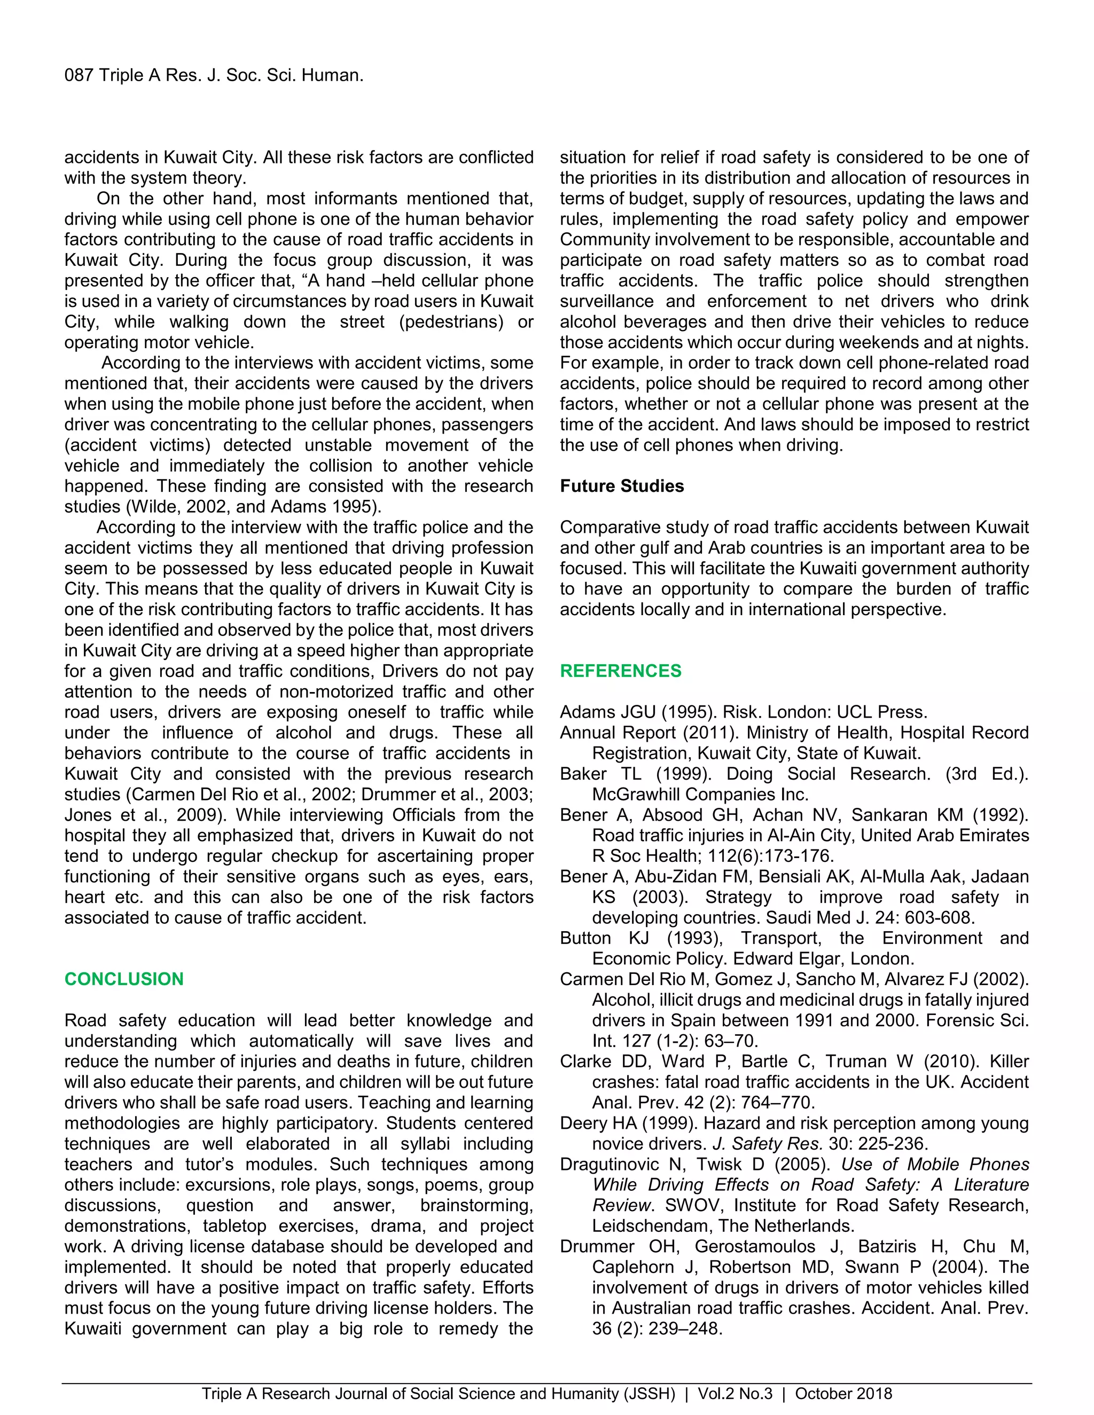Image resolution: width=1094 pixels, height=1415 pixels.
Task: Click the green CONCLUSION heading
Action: click(x=124, y=978)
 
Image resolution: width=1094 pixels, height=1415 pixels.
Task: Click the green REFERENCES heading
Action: click(x=620, y=671)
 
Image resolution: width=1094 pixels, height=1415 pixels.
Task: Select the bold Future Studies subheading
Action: click(x=622, y=486)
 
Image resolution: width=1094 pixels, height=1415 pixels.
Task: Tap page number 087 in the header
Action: click(x=79, y=75)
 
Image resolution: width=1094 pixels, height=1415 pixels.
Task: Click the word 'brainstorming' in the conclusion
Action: click(x=476, y=1205)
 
